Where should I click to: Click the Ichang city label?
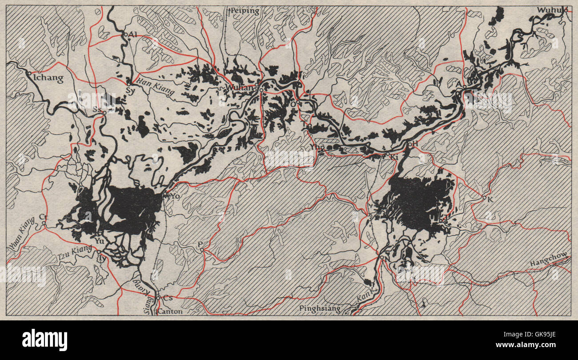(x=48, y=79)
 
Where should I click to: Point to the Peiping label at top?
(x=245, y=11)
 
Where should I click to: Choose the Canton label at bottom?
(x=170, y=311)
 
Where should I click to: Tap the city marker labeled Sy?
(x=128, y=83)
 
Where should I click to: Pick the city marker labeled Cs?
(x=158, y=297)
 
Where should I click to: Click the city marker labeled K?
(x=484, y=197)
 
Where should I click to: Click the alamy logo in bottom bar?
(x=44, y=340)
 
